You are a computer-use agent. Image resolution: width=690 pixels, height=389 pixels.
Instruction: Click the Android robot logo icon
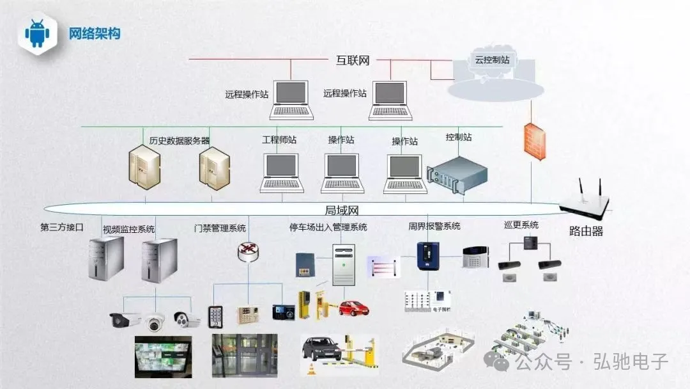tap(37, 33)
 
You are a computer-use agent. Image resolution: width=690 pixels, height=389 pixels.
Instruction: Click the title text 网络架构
tap(95, 33)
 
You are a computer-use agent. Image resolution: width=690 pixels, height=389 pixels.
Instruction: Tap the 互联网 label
tap(353, 61)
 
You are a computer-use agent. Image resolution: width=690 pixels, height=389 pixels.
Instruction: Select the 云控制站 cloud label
tap(492, 60)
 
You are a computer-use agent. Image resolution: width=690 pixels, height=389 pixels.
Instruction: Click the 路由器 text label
tap(586, 231)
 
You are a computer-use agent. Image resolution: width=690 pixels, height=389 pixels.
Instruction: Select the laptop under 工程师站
tap(280, 173)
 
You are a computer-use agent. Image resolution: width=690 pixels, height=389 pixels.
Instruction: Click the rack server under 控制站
tap(457, 175)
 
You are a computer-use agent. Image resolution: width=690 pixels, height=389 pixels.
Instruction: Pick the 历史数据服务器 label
tap(180, 140)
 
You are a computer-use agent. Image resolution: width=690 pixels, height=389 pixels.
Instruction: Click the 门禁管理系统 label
tap(220, 228)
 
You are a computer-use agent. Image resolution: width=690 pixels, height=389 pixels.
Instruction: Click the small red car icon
tap(353, 308)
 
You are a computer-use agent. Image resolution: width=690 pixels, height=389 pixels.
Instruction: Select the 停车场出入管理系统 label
tap(328, 227)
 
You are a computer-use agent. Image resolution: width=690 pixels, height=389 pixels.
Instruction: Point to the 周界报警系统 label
tap(434, 226)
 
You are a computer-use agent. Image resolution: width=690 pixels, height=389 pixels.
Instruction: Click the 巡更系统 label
tap(521, 225)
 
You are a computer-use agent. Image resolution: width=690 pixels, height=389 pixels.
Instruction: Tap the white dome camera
tap(154, 322)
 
